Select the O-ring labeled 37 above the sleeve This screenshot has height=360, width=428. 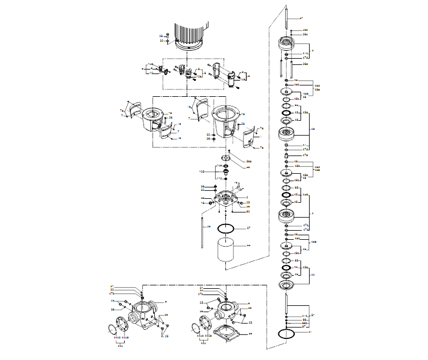[x=227, y=228]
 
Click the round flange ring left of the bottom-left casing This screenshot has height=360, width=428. [x=121, y=324]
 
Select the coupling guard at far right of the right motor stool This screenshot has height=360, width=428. [x=249, y=137]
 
